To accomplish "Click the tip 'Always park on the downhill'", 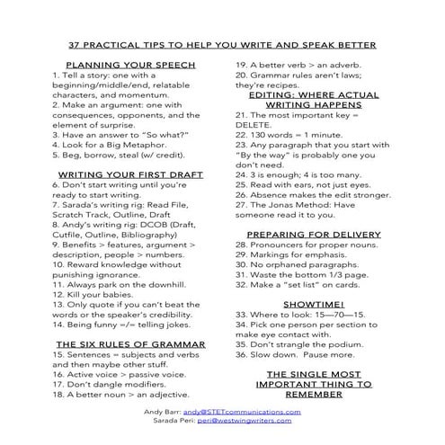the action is [x=118, y=283].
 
